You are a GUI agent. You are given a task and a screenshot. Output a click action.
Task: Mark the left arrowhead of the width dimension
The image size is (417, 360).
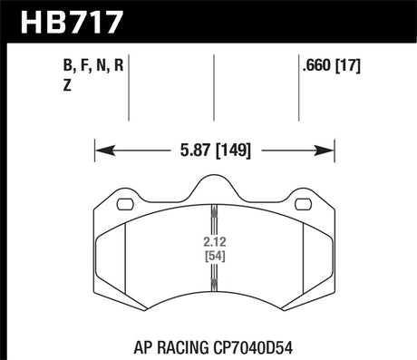[x=101, y=149]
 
